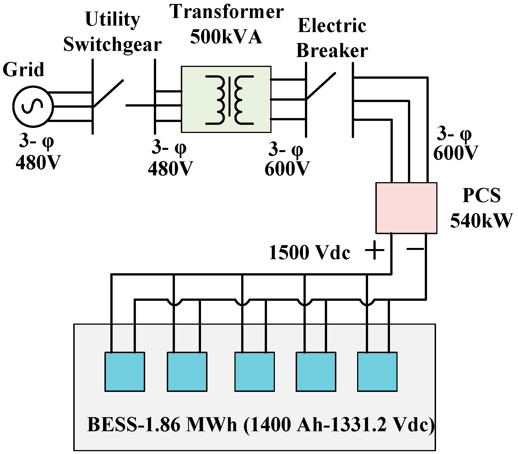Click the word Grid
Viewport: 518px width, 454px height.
click(x=24, y=69)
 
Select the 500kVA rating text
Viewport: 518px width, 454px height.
click(x=226, y=38)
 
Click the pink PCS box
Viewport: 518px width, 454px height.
click(x=406, y=208)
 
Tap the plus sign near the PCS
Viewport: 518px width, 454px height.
click(x=374, y=250)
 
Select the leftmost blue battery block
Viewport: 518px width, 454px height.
click(x=125, y=372)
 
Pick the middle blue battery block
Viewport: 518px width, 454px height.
click(x=254, y=372)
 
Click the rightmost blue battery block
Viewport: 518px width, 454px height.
click(x=377, y=372)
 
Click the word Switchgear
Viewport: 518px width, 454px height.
click(x=112, y=45)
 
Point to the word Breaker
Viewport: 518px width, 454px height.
click(x=332, y=51)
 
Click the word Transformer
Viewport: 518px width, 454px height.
click(x=227, y=13)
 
